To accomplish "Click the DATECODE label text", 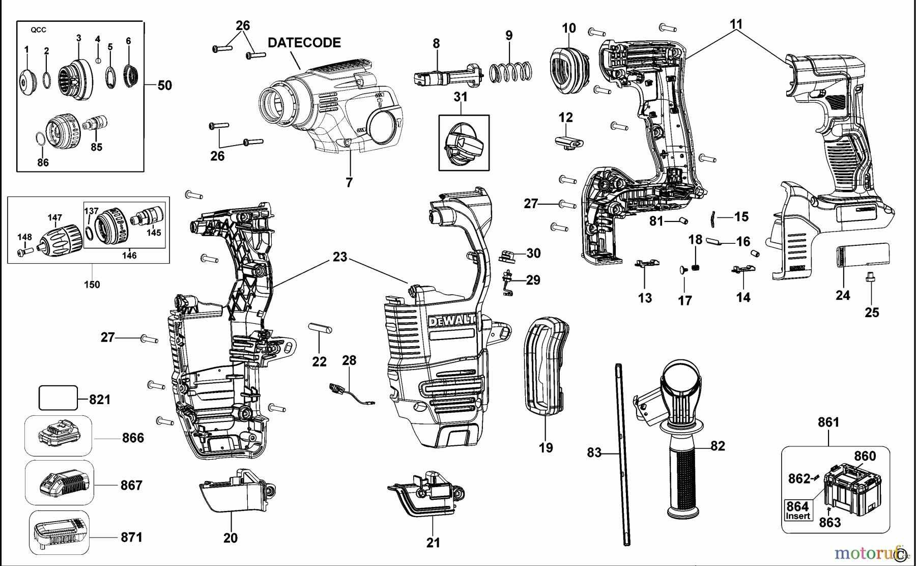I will pos(304,43).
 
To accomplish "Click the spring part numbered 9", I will pos(510,72).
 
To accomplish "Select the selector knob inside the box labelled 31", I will pos(463,143).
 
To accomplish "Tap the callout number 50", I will pos(164,86).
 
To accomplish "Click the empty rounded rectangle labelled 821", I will pos(58,398).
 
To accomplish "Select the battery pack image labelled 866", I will pos(59,436).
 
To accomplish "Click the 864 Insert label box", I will pos(797,510).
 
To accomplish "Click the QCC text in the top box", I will pos(38,30).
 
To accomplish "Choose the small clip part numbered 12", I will pos(567,141).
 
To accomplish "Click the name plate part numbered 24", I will pos(863,254).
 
